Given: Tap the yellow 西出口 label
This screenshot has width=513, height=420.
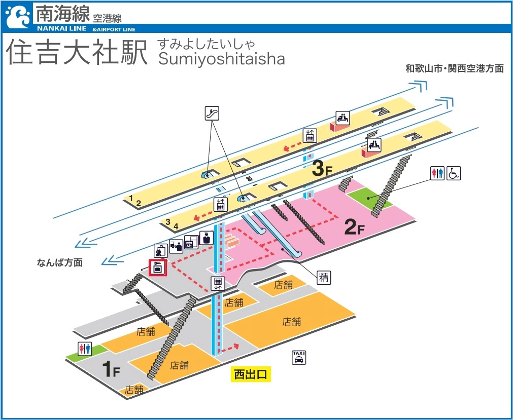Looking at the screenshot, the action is (250, 374).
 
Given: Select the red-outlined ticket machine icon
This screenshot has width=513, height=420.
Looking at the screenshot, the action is (157, 268).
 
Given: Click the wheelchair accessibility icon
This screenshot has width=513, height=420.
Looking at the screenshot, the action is (453, 173).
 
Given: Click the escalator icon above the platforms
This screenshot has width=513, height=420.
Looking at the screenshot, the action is (212, 113).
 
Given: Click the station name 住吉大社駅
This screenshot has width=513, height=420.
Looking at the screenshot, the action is (76, 52).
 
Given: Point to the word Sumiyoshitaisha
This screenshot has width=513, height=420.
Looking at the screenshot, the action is (221, 59).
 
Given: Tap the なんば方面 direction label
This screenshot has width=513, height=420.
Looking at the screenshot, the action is (59, 262).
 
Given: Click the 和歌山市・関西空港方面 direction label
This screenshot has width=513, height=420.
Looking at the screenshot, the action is (454, 68).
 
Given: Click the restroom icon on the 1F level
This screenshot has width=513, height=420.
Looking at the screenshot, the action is (84, 349).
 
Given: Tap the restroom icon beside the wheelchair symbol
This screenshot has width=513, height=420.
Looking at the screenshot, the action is (436, 173).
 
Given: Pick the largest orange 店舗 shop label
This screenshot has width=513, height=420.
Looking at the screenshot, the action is (292, 321).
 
